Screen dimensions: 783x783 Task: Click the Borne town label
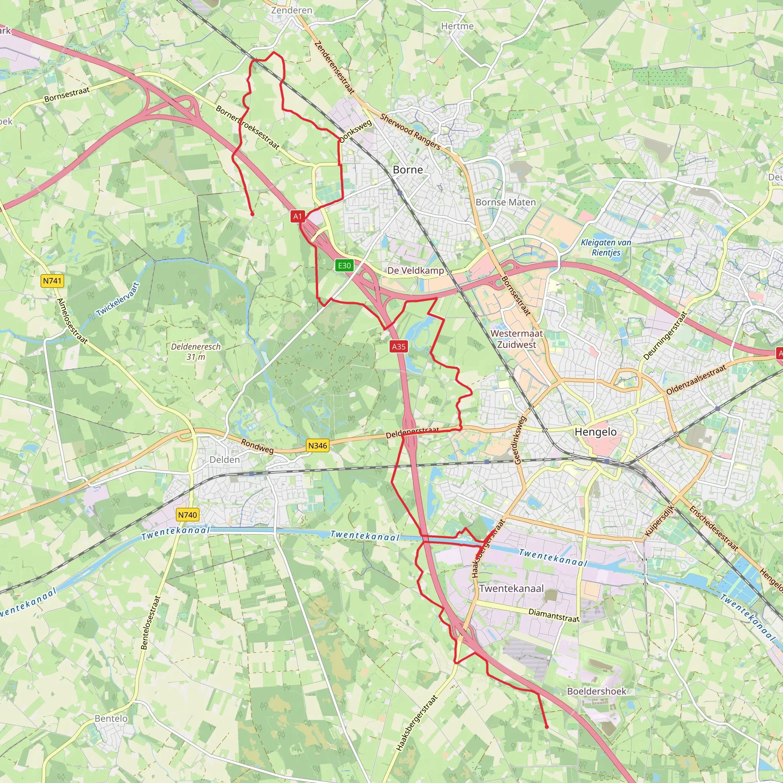pyautogui.click(x=408, y=170)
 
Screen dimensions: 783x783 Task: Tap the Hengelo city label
pyautogui.click(x=595, y=432)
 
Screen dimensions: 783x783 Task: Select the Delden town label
pyautogui.click(x=224, y=460)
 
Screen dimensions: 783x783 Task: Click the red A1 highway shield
pyautogui.click(x=297, y=216)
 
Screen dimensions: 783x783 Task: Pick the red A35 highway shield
pyautogui.click(x=398, y=346)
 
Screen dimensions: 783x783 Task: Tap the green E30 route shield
pyautogui.click(x=344, y=265)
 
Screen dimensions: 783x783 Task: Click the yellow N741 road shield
pyautogui.click(x=52, y=281)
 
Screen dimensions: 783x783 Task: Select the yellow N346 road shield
pyautogui.click(x=317, y=446)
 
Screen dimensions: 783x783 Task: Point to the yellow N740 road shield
pyautogui.click(x=187, y=515)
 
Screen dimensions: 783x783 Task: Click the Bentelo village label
pyautogui.click(x=111, y=718)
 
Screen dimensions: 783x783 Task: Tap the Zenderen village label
pyautogui.click(x=291, y=10)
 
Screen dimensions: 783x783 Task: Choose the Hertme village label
pyautogui.click(x=457, y=26)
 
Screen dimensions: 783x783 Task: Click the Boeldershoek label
pyautogui.click(x=596, y=691)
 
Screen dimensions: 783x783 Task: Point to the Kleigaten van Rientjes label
pyautogui.click(x=606, y=247)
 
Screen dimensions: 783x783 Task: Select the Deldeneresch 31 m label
pyautogui.click(x=196, y=351)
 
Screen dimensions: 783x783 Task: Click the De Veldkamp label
pyautogui.click(x=416, y=270)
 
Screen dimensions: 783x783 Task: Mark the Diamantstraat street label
pyautogui.click(x=554, y=615)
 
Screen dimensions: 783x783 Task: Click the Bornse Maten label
pyautogui.click(x=505, y=202)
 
